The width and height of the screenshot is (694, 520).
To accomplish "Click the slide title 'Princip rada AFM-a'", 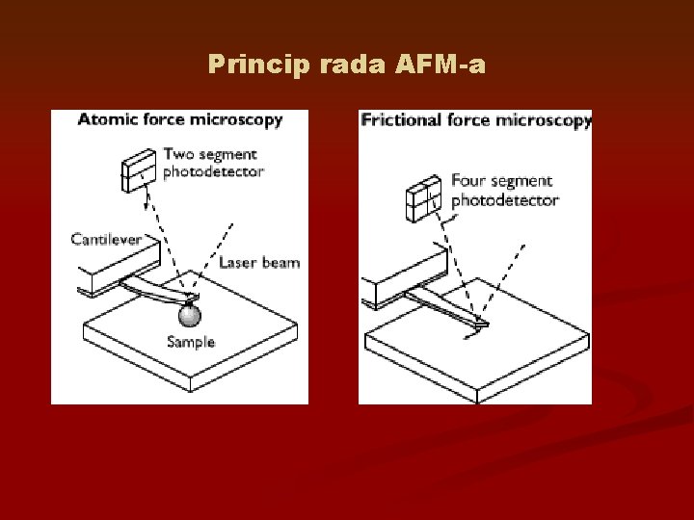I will [347, 65].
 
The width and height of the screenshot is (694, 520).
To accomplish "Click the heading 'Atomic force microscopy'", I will [179, 120].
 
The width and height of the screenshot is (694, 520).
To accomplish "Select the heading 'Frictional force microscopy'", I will [476, 120].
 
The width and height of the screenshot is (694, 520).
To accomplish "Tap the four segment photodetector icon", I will [422, 199].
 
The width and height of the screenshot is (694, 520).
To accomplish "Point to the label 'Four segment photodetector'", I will [504, 191].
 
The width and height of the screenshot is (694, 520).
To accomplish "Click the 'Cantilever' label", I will [107, 238].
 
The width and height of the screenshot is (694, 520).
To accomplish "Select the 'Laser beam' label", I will [258, 262].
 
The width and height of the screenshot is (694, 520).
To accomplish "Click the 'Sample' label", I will [191, 341].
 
